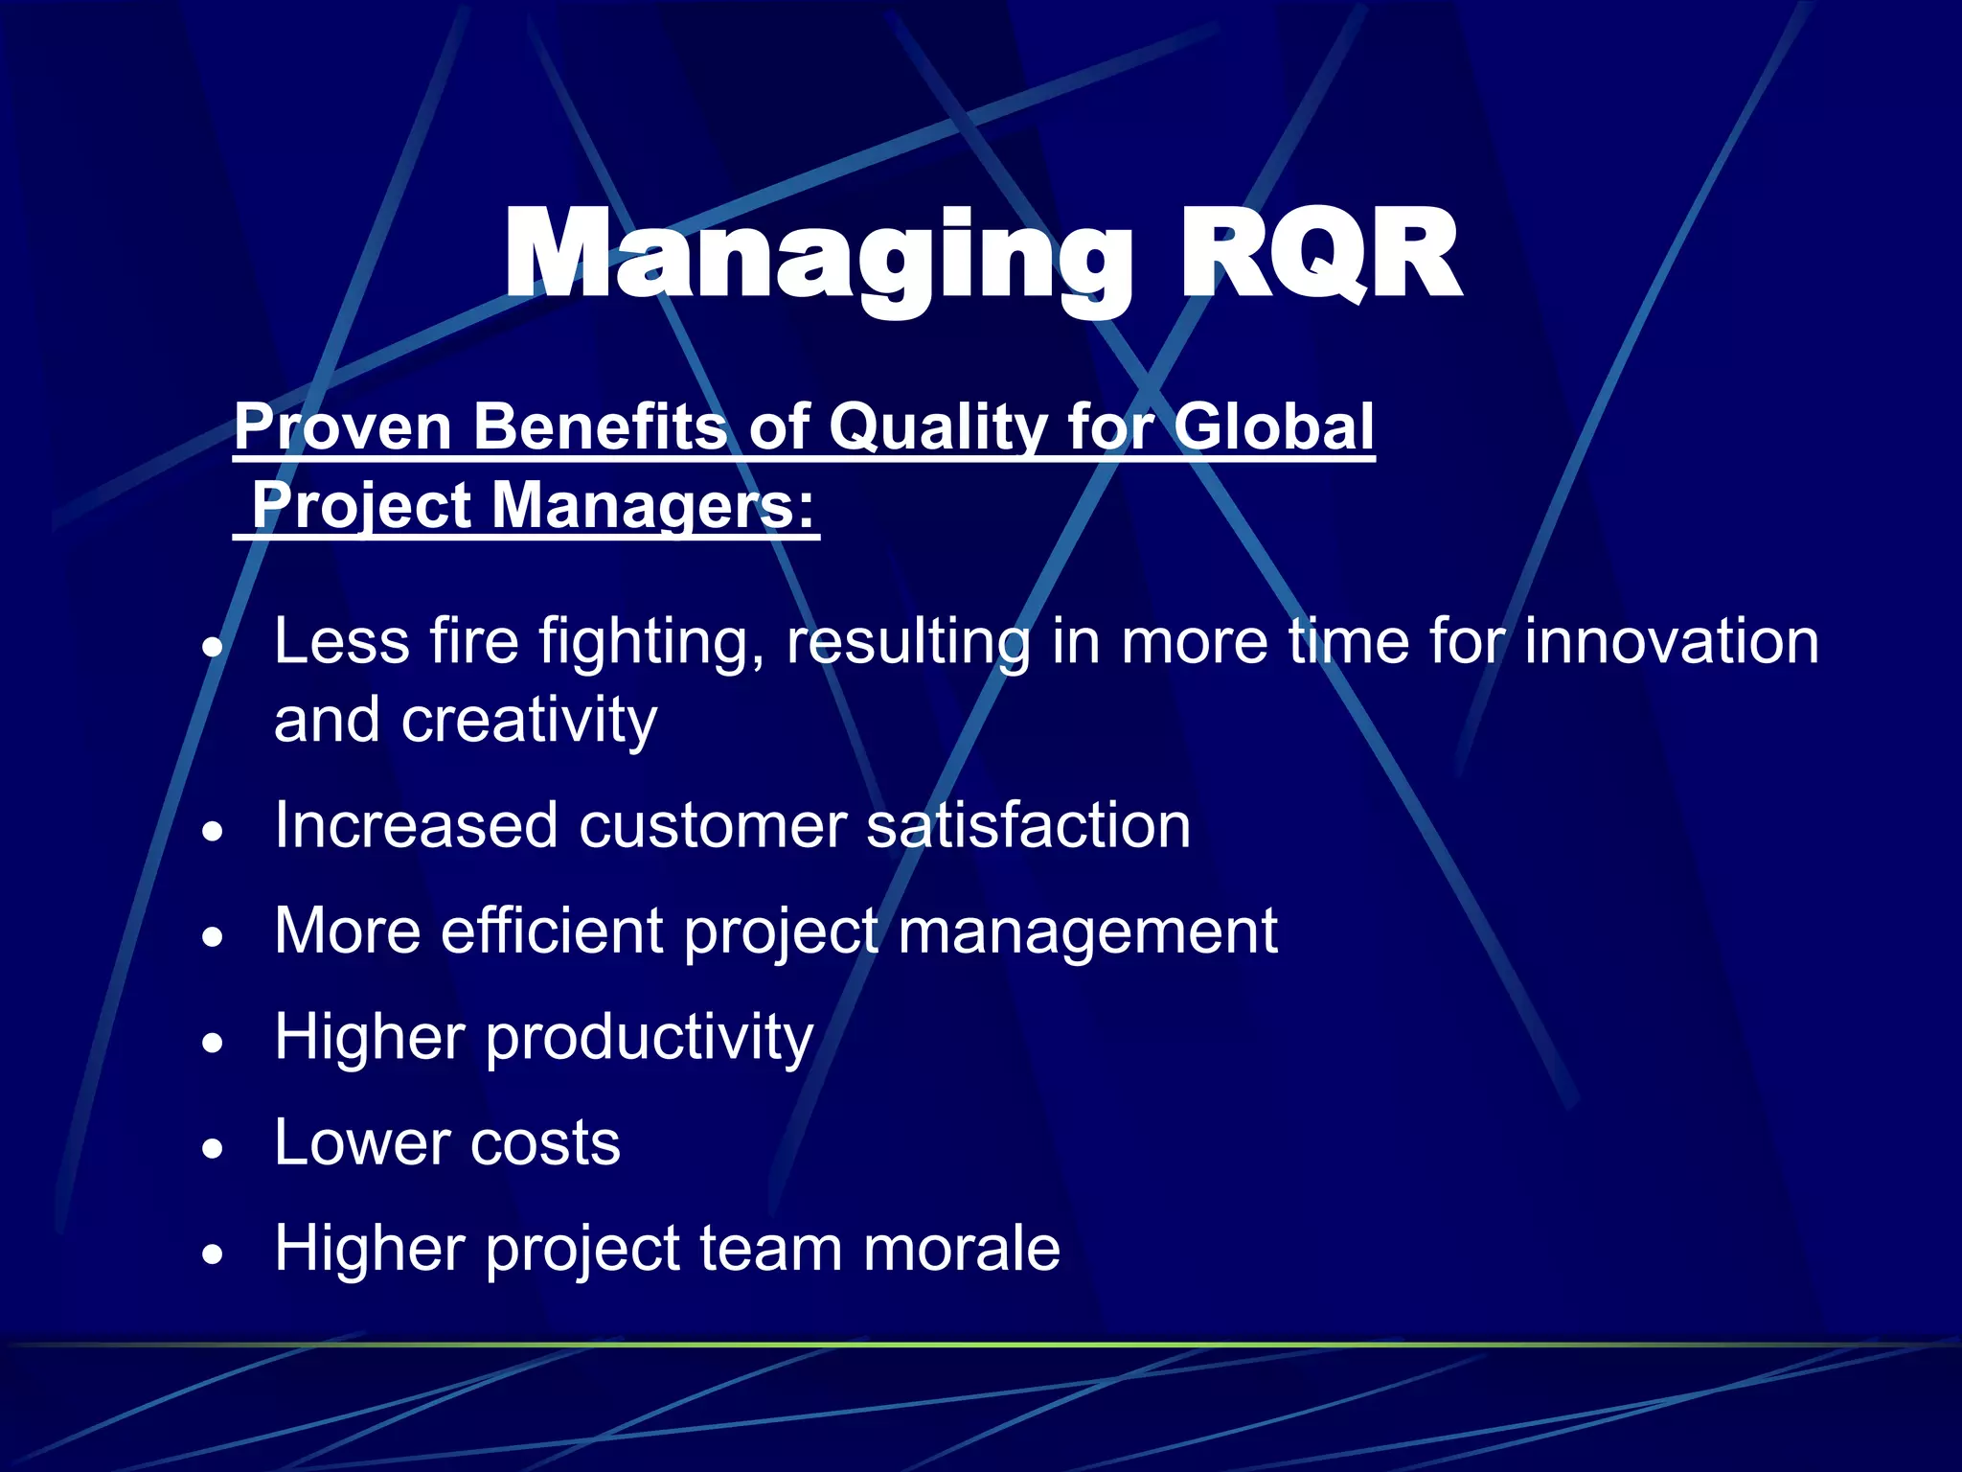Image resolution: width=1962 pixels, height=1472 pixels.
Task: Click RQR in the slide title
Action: [1318, 257]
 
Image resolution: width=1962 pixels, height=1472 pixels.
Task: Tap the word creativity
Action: [529, 720]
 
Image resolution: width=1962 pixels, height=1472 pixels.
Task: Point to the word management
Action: [1087, 931]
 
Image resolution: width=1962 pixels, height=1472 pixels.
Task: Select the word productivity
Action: [650, 1038]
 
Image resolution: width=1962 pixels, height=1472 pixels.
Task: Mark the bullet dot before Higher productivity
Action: [213, 1043]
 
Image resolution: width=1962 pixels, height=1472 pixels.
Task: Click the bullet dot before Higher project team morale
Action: [213, 1253]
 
